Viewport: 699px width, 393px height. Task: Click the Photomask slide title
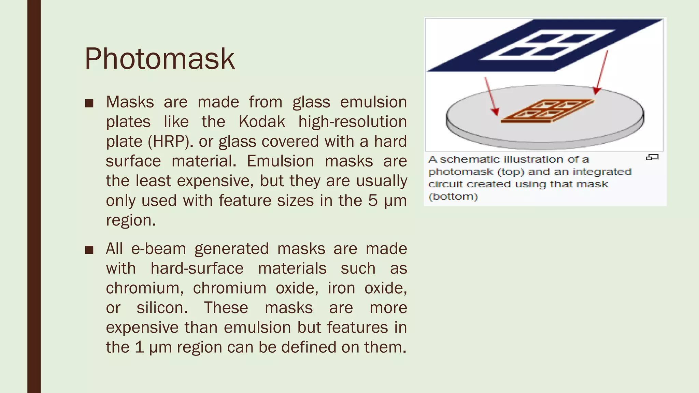pyautogui.click(x=159, y=59)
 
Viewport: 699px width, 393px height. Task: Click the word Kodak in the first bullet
pyautogui.click(x=261, y=122)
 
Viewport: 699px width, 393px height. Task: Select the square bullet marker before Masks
pyautogui.click(x=89, y=103)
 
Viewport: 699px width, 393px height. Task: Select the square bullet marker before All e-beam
pyautogui.click(x=89, y=250)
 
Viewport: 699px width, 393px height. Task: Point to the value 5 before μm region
pyautogui.click(x=373, y=201)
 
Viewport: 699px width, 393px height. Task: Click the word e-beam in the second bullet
pyautogui.click(x=158, y=249)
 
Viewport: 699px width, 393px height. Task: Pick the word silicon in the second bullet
pyautogui.click(x=162, y=308)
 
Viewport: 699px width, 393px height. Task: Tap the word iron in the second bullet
pyautogui.click(x=341, y=288)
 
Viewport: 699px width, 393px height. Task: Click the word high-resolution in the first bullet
pyautogui.click(x=352, y=122)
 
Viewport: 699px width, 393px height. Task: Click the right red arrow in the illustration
pyautogui.click(x=602, y=72)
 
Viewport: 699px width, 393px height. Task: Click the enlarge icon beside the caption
pyautogui.click(x=652, y=157)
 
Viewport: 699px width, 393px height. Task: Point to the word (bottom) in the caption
pyautogui.click(x=453, y=197)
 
